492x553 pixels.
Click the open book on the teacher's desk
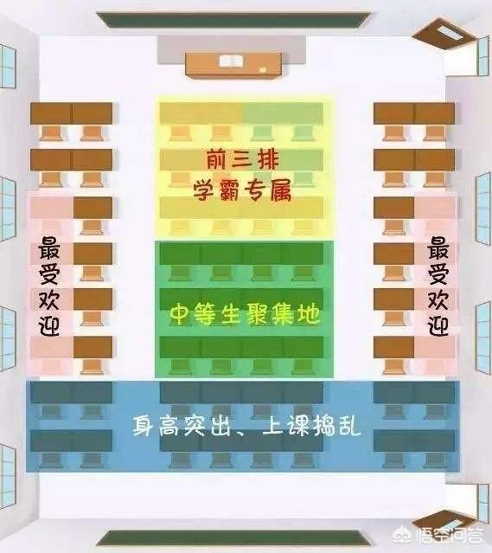232,61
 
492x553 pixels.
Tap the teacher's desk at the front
233,65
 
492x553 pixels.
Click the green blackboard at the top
233,20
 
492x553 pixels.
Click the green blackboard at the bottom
233,538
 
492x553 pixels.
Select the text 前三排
242,159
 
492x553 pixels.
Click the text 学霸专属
242,190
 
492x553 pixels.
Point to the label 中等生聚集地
246,314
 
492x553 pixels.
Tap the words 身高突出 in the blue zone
182,426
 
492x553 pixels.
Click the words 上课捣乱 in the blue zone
312,426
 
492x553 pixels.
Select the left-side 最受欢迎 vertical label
49,286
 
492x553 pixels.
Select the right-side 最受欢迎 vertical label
438,286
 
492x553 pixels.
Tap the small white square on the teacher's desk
263,70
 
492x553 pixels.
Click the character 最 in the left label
49,248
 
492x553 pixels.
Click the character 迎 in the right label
438,325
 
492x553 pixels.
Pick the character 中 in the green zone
182,314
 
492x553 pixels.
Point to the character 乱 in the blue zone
350,426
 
